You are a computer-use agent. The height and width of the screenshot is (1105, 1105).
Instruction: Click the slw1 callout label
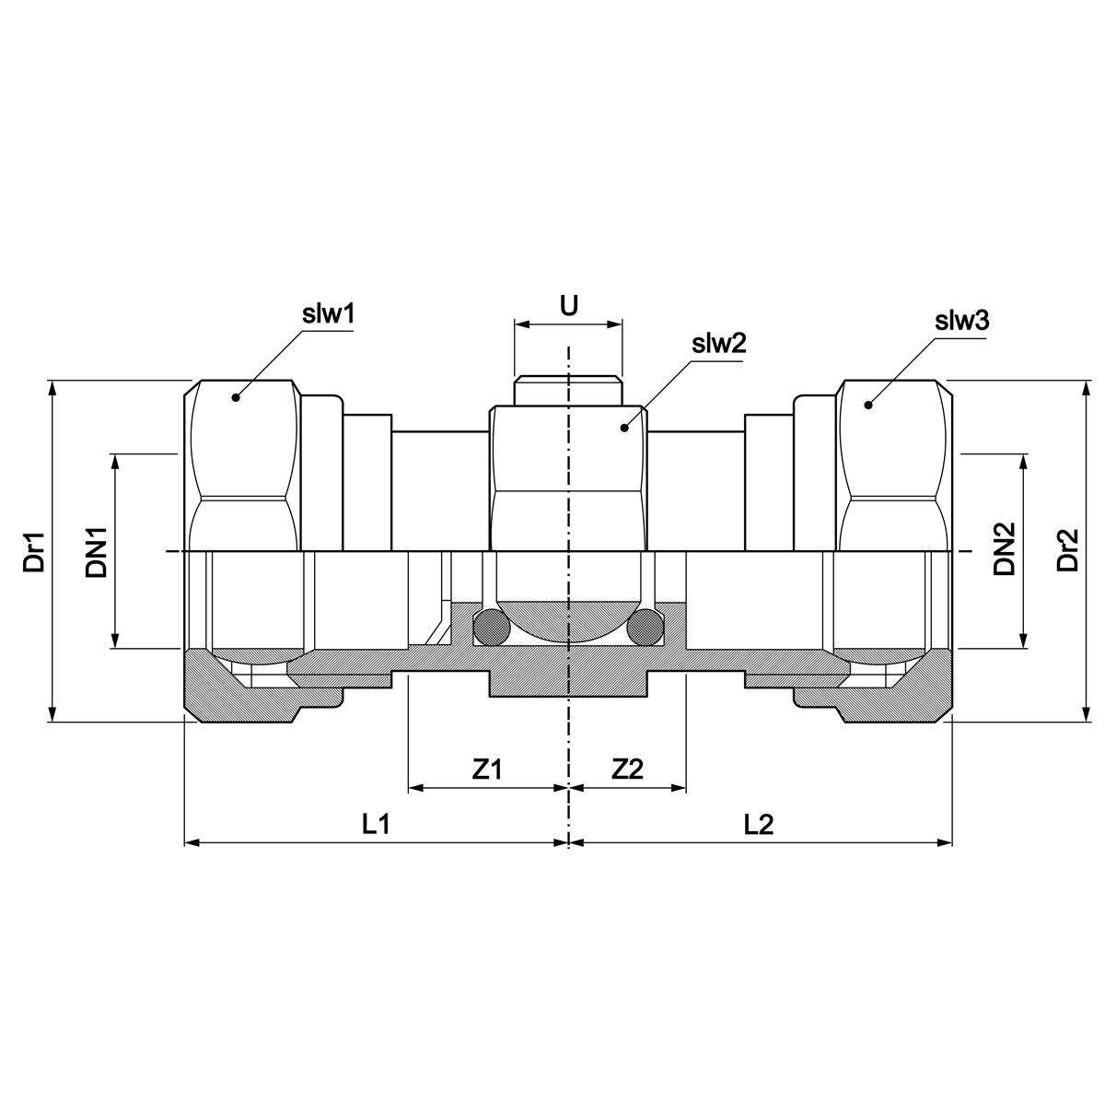(329, 314)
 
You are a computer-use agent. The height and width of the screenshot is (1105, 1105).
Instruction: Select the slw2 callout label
(717, 346)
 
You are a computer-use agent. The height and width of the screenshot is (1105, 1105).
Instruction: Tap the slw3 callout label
(962, 321)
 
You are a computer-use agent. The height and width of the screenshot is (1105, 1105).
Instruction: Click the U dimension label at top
(569, 306)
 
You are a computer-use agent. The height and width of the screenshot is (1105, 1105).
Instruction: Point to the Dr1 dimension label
(35, 551)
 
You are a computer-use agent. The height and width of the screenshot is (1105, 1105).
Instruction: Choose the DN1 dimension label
(97, 551)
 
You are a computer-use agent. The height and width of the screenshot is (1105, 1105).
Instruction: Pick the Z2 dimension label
(627, 770)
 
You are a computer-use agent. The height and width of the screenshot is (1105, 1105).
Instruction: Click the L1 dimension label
(376, 825)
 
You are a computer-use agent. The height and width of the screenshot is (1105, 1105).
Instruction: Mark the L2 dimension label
(759, 825)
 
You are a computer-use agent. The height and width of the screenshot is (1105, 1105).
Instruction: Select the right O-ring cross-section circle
(645, 629)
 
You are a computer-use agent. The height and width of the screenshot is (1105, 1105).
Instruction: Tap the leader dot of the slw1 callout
(236, 397)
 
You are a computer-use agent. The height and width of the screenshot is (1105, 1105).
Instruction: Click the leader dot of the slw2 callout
(624, 427)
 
